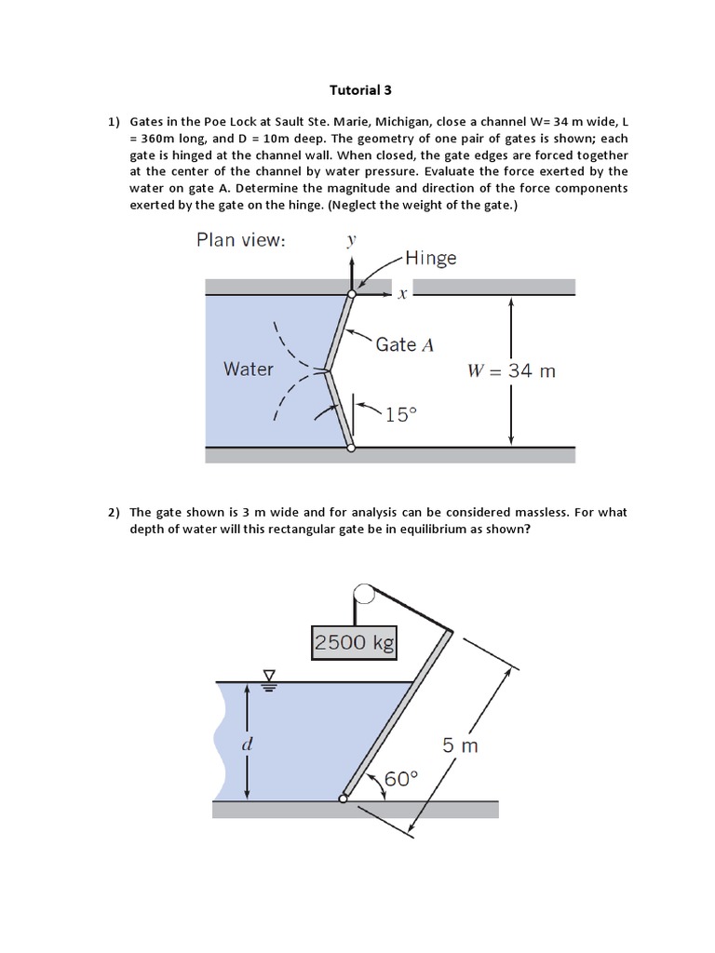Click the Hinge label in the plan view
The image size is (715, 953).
tap(430, 258)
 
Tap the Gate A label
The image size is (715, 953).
tap(404, 344)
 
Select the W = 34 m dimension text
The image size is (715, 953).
tap(511, 370)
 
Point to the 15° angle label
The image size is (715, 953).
tap(398, 415)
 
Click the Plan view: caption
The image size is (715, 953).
tap(241, 240)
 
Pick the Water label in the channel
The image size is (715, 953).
tap(249, 369)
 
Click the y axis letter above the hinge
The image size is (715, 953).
tap(351, 241)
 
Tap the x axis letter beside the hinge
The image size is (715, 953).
tap(402, 294)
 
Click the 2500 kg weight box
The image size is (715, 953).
tap(354, 642)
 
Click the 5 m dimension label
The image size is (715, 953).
tap(460, 745)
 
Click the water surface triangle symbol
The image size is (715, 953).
tap(271, 676)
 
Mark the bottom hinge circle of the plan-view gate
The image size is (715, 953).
tap(351, 448)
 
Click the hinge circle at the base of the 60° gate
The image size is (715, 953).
tap(344, 798)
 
